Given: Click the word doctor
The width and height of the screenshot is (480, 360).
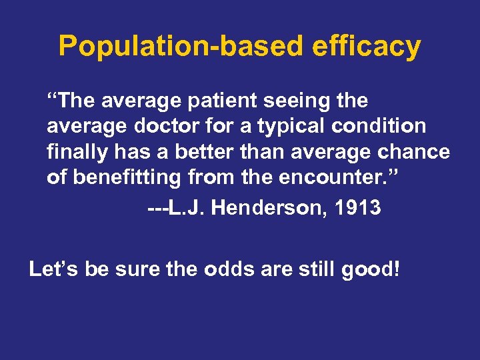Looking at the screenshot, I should pos(166,127).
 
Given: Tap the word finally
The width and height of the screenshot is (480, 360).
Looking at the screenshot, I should pos(74,152).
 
